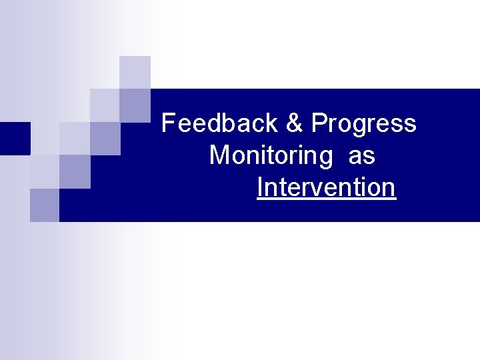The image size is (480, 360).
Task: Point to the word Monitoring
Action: [271, 157]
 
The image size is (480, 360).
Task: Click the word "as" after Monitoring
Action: [362, 157]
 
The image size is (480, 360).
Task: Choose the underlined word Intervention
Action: [326, 188]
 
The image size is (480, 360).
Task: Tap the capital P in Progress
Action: [319, 123]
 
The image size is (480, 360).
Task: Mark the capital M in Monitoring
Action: [219, 155]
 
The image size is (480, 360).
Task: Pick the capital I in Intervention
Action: [260, 188]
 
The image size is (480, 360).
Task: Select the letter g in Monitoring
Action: [323, 159]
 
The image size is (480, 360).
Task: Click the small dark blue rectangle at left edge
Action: [15, 138]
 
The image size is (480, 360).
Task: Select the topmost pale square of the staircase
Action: [135, 71]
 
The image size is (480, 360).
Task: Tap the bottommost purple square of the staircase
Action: [45, 205]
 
